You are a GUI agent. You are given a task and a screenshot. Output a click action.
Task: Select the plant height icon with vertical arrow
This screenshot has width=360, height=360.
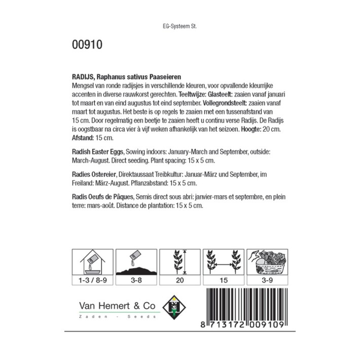click(x=179, y=262)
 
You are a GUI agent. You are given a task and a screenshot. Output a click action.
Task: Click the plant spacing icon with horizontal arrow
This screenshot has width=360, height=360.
click(x=222, y=262)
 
